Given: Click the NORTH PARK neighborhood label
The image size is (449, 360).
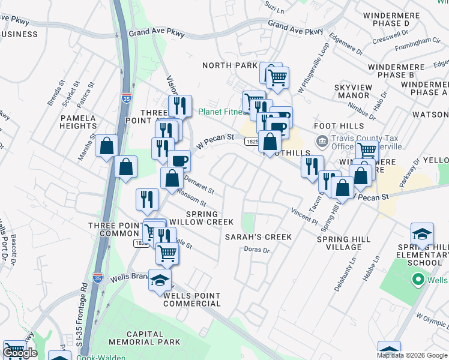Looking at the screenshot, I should click(229, 65).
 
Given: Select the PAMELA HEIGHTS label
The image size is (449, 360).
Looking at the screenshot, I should click(78, 122).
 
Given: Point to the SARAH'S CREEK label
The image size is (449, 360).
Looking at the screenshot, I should click(258, 237).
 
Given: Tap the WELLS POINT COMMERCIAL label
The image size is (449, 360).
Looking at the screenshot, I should click(191, 300).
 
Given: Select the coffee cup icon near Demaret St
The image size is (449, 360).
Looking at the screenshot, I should click(179, 161).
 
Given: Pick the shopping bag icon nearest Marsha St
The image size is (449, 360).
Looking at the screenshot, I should click(106, 146).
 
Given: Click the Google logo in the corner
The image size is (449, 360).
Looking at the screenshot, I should click(20, 353).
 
